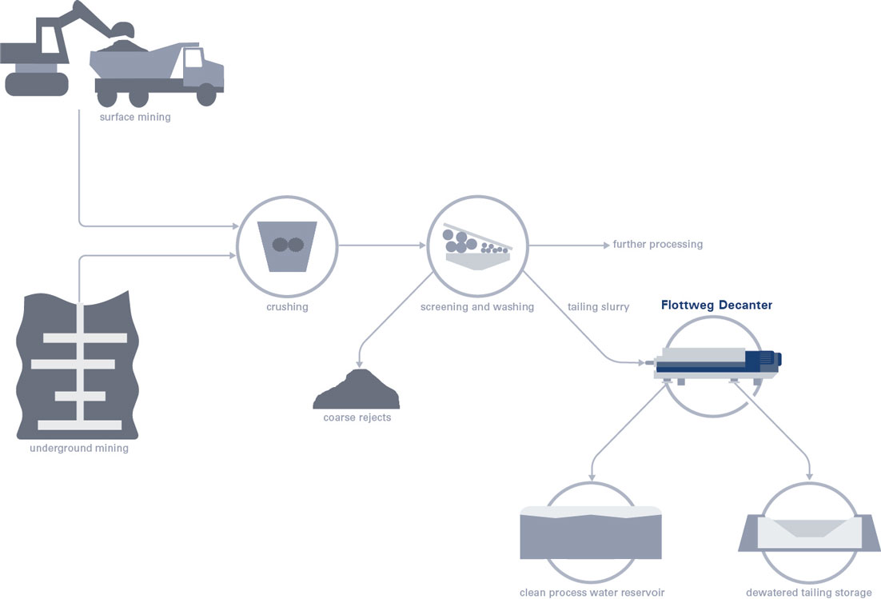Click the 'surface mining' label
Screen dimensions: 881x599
click(135, 117)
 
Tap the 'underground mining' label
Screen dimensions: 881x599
click(79, 448)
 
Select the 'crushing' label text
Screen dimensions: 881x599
click(287, 307)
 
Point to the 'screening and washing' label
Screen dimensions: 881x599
click(477, 307)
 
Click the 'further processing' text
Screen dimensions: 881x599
click(657, 245)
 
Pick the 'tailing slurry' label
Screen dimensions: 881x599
click(598, 307)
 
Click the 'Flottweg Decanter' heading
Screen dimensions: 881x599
click(716, 305)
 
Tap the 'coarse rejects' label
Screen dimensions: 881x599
click(357, 417)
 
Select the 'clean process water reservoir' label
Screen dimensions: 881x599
click(592, 593)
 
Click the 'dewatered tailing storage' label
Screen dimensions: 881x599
click(808, 593)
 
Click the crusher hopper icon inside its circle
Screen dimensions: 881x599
click(287, 246)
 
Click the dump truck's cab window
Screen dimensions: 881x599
click(193, 58)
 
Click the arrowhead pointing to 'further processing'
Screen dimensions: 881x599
click(606, 246)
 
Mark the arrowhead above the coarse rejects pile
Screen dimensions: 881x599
click(359, 364)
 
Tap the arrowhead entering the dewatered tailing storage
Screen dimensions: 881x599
click(810, 477)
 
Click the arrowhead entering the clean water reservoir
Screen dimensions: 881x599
click(592, 477)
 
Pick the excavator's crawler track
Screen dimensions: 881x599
click(37, 84)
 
